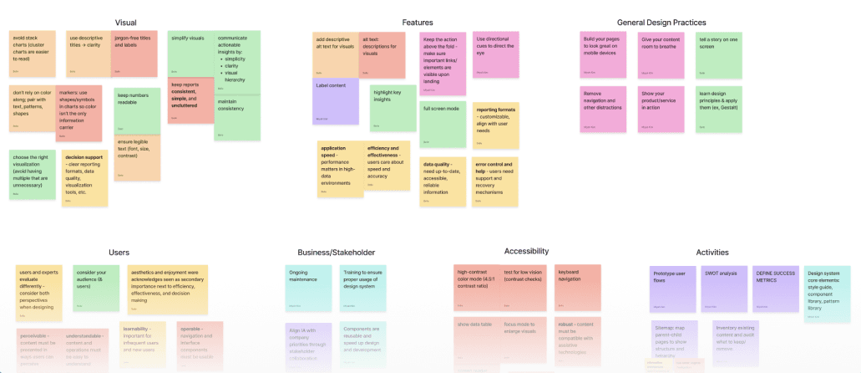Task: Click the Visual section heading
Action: click(125, 22)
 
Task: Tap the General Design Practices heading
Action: click(661, 23)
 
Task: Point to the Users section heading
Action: click(119, 252)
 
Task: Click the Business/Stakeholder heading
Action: click(336, 252)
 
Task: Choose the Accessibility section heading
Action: click(526, 251)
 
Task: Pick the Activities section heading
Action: click(712, 252)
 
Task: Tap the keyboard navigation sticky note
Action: click(578, 284)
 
